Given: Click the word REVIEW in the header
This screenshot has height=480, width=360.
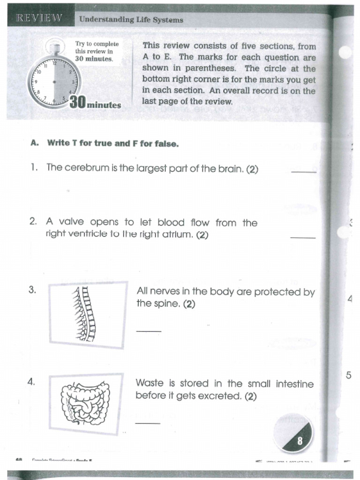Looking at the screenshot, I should pyautogui.click(x=39, y=18).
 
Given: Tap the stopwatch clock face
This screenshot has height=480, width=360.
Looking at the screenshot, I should pyautogui.click(x=54, y=82).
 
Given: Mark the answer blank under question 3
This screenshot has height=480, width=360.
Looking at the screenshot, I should pyautogui.click(x=149, y=331).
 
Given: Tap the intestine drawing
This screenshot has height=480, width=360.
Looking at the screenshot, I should pyautogui.click(x=85, y=403).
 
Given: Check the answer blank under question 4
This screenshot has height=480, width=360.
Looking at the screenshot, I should pyautogui.click(x=148, y=423).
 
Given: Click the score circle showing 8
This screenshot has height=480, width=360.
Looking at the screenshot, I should pyautogui.click(x=293, y=434).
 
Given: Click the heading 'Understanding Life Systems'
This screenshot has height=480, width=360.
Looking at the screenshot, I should pyautogui.click(x=131, y=20).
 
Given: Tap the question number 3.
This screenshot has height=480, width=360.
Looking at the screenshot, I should pyautogui.click(x=32, y=290).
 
